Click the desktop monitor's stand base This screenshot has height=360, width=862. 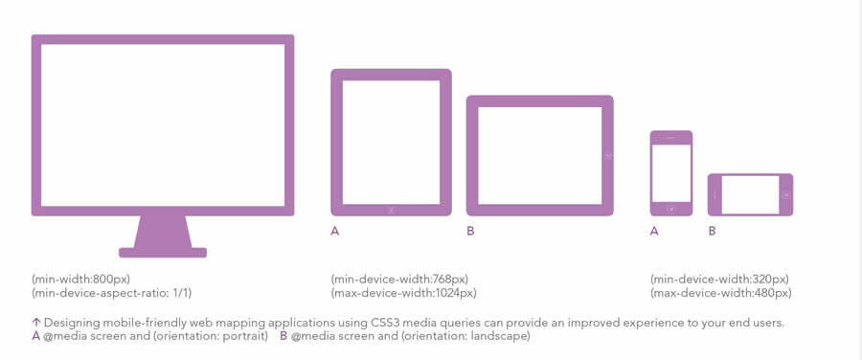[163, 253]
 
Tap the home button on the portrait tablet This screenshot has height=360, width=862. [391, 210]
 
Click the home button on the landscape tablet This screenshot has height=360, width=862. [608, 156]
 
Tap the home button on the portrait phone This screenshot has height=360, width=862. [670, 209]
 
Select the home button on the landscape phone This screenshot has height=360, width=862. [786, 194]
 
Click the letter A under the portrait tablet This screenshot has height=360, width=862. [335, 232]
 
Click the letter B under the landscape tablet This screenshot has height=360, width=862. [470, 232]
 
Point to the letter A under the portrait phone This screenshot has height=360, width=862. [654, 232]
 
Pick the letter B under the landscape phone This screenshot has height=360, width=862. [712, 232]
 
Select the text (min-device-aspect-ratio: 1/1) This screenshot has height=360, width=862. [112, 294]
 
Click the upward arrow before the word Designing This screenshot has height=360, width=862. [36, 323]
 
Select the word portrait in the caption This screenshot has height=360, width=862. [244, 336]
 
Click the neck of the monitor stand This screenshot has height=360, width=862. [163, 232]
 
